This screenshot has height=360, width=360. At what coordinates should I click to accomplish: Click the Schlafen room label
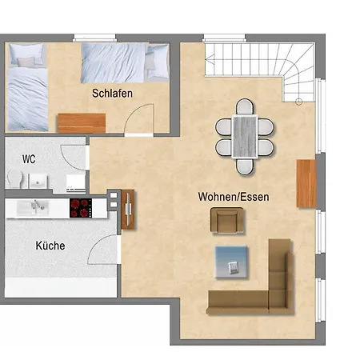pyautogui.click(x=112, y=94)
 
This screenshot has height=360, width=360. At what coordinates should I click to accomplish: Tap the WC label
pyautogui.click(x=29, y=159)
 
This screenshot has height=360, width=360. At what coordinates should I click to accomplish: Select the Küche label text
pyautogui.click(x=50, y=246)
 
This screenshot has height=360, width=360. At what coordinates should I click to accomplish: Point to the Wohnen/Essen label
pyautogui.click(x=234, y=197)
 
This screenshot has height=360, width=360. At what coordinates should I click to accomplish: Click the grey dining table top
pyautogui.click(x=245, y=137)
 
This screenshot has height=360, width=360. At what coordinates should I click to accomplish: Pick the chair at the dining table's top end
pyautogui.click(x=245, y=106)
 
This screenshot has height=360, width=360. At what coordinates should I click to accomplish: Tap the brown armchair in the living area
pyautogui.click(x=227, y=221)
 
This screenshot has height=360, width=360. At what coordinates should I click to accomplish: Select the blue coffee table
pyautogui.click(x=232, y=262)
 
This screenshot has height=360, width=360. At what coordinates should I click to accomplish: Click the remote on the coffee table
pyautogui.click(x=234, y=267)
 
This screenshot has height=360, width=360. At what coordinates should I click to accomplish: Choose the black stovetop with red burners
pyautogui.click(x=81, y=208)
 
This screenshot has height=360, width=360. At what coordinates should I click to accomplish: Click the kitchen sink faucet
pyautogui.click(x=38, y=205)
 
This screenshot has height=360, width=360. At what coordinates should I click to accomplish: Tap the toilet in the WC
pyautogui.click(x=15, y=178)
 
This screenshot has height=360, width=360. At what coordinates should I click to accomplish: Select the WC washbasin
pyautogui.click(x=38, y=182)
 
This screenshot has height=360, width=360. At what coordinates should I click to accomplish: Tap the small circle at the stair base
pyautogui.click(x=299, y=102)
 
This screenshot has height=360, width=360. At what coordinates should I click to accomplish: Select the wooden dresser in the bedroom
pyautogui.click(x=82, y=123)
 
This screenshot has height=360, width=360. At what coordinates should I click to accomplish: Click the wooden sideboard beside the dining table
pyautogui.click(x=306, y=183)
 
